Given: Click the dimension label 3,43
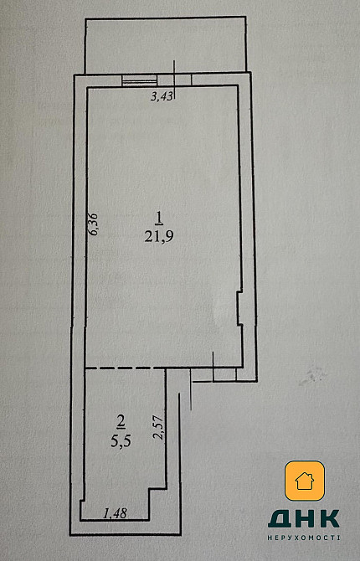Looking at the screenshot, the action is (162, 96).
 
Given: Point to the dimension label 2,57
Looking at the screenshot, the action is (158, 428).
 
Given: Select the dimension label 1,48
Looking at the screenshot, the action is (115, 514).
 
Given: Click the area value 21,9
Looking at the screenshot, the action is (159, 236).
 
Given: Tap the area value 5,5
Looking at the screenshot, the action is (121, 441).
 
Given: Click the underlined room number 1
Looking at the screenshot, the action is (159, 218).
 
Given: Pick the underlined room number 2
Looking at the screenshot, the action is (121, 422).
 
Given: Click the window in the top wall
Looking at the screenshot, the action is (140, 80).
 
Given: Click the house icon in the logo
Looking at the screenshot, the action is (305, 481).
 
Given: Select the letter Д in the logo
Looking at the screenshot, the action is (280, 519).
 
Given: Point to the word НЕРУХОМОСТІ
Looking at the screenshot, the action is (304, 538).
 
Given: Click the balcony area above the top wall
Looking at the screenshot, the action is (165, 44).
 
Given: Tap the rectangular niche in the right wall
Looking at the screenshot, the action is (239, 308).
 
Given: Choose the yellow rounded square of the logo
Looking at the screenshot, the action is (305, 481).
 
